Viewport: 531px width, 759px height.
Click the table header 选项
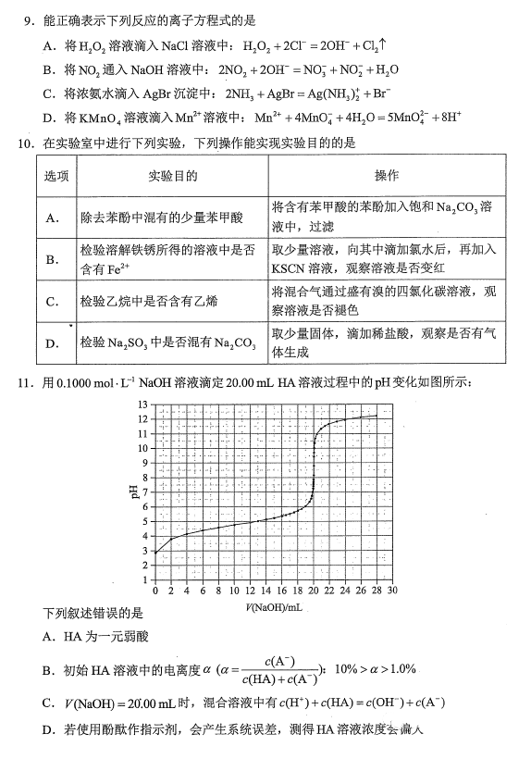[x=56, y=176]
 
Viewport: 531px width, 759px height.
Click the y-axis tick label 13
[x=142, y=405]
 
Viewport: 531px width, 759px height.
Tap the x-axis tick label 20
[x=313, y=590]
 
